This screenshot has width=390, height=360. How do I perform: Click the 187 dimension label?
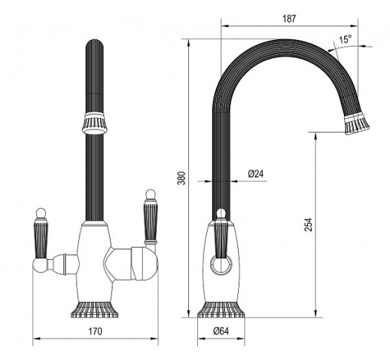click(x=289, y=19)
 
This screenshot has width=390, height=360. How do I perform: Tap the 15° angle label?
click(x=346, y=39)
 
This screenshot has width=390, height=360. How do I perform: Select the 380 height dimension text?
click(x=181, y=178)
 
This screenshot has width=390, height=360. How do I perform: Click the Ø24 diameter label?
click(x=256, y=174)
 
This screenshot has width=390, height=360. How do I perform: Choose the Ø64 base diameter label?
click(x=221, y=331)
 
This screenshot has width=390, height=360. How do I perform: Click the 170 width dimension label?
click(x=96, y=331)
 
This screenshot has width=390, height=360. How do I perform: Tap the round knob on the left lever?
click(x=41, y=214)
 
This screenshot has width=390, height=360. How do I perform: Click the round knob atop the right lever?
click(x=150, y=194)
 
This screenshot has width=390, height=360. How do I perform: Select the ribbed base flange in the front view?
click(x=95, y=310)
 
